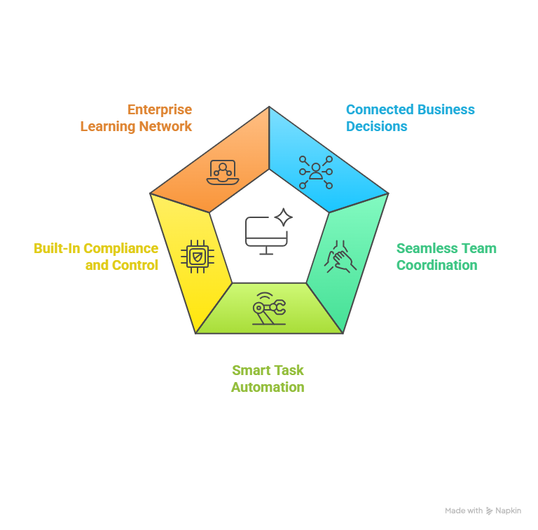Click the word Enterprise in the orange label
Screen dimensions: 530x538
[159, 110]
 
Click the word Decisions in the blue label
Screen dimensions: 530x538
[376, 127]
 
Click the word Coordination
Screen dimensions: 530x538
[436, 266]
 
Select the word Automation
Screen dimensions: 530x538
[268, 387]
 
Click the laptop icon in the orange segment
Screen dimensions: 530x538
[223, 172]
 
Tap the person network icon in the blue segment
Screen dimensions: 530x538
[316, 172]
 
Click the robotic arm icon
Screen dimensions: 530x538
[269, 308]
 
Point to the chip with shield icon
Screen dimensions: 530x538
[198, 256]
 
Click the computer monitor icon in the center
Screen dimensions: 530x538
[266, 234]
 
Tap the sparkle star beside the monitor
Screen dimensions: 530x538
[283, 217]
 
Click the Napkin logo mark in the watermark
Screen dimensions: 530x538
[490, 511]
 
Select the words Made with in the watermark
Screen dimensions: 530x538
[464, 511]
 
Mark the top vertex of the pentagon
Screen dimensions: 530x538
[269, 107]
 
